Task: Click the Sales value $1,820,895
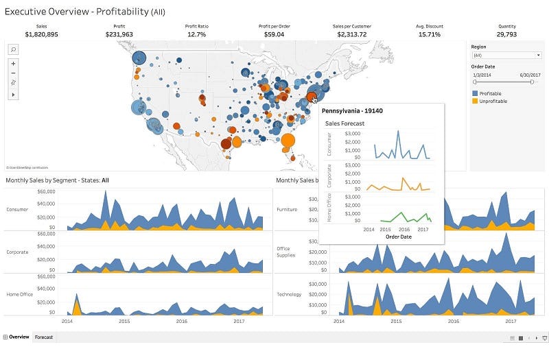coord(41,34)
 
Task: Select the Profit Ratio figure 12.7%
coord(196,34)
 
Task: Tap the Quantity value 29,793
coord(506,34)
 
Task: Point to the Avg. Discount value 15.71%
coord(429,34)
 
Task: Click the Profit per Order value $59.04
coord(274,34)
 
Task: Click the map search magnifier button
coord(13,49)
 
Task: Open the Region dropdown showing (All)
coord(506,55)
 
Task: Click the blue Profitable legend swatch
coord(475,93)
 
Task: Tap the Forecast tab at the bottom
coord(44,337)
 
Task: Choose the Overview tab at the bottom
coord(18,337)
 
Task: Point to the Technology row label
coord(289,294)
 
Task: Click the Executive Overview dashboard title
coord(84,12)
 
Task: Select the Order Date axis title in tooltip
coord(398,237)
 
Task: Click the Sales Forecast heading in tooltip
coord(344,123)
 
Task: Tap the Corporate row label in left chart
coord(17,252)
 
